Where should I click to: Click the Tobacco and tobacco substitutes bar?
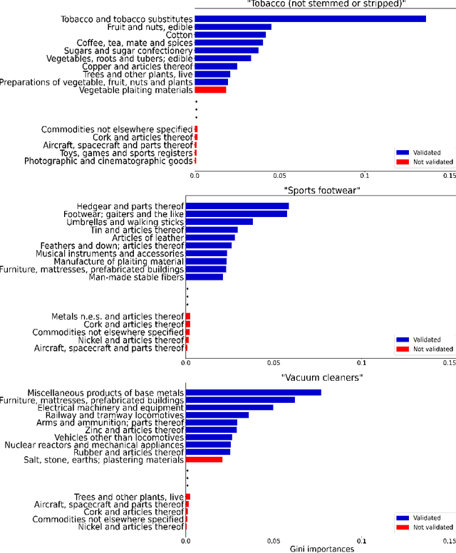coord(310,19)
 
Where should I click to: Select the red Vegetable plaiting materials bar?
coord(210,90)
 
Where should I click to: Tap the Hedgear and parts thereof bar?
coord(237,206)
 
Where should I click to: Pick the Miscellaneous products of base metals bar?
coord(253,392)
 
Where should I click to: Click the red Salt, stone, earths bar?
coord(204,460)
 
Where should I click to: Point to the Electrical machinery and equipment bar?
coord(229,408)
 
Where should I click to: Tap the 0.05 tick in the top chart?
coord(279,174)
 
